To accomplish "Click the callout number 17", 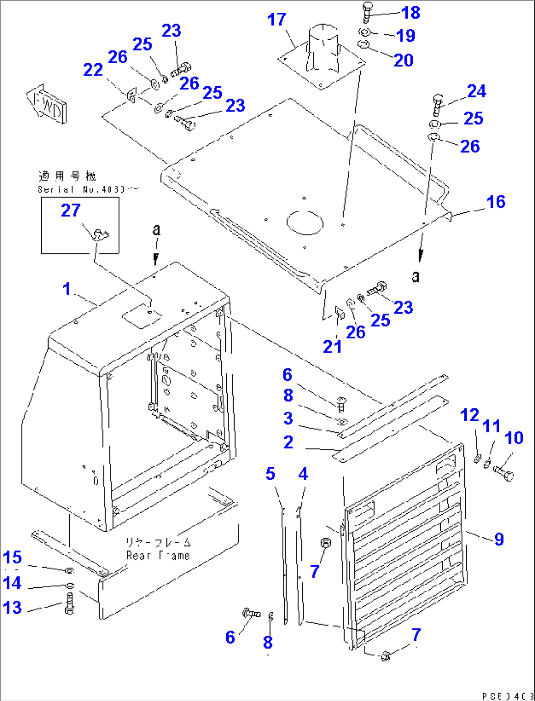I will pos(276,20).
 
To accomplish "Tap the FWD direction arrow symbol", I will pos(47,104).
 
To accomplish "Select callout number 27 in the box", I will pos(71,210).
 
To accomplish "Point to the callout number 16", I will pos(496,201).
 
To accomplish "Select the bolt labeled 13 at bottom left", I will pos(69,603).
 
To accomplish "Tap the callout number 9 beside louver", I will pos(499,539).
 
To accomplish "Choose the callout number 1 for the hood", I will pos(67,289).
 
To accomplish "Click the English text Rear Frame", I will pos(158,555).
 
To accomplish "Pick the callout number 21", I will pos(332,347).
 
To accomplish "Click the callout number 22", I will pos(93,70).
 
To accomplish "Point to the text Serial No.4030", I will pos(88,189).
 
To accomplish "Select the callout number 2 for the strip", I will pos(289,442).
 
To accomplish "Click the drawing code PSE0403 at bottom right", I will pos(508,696).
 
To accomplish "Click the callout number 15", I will pos(12,557).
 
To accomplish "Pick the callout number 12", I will pos(469,415).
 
